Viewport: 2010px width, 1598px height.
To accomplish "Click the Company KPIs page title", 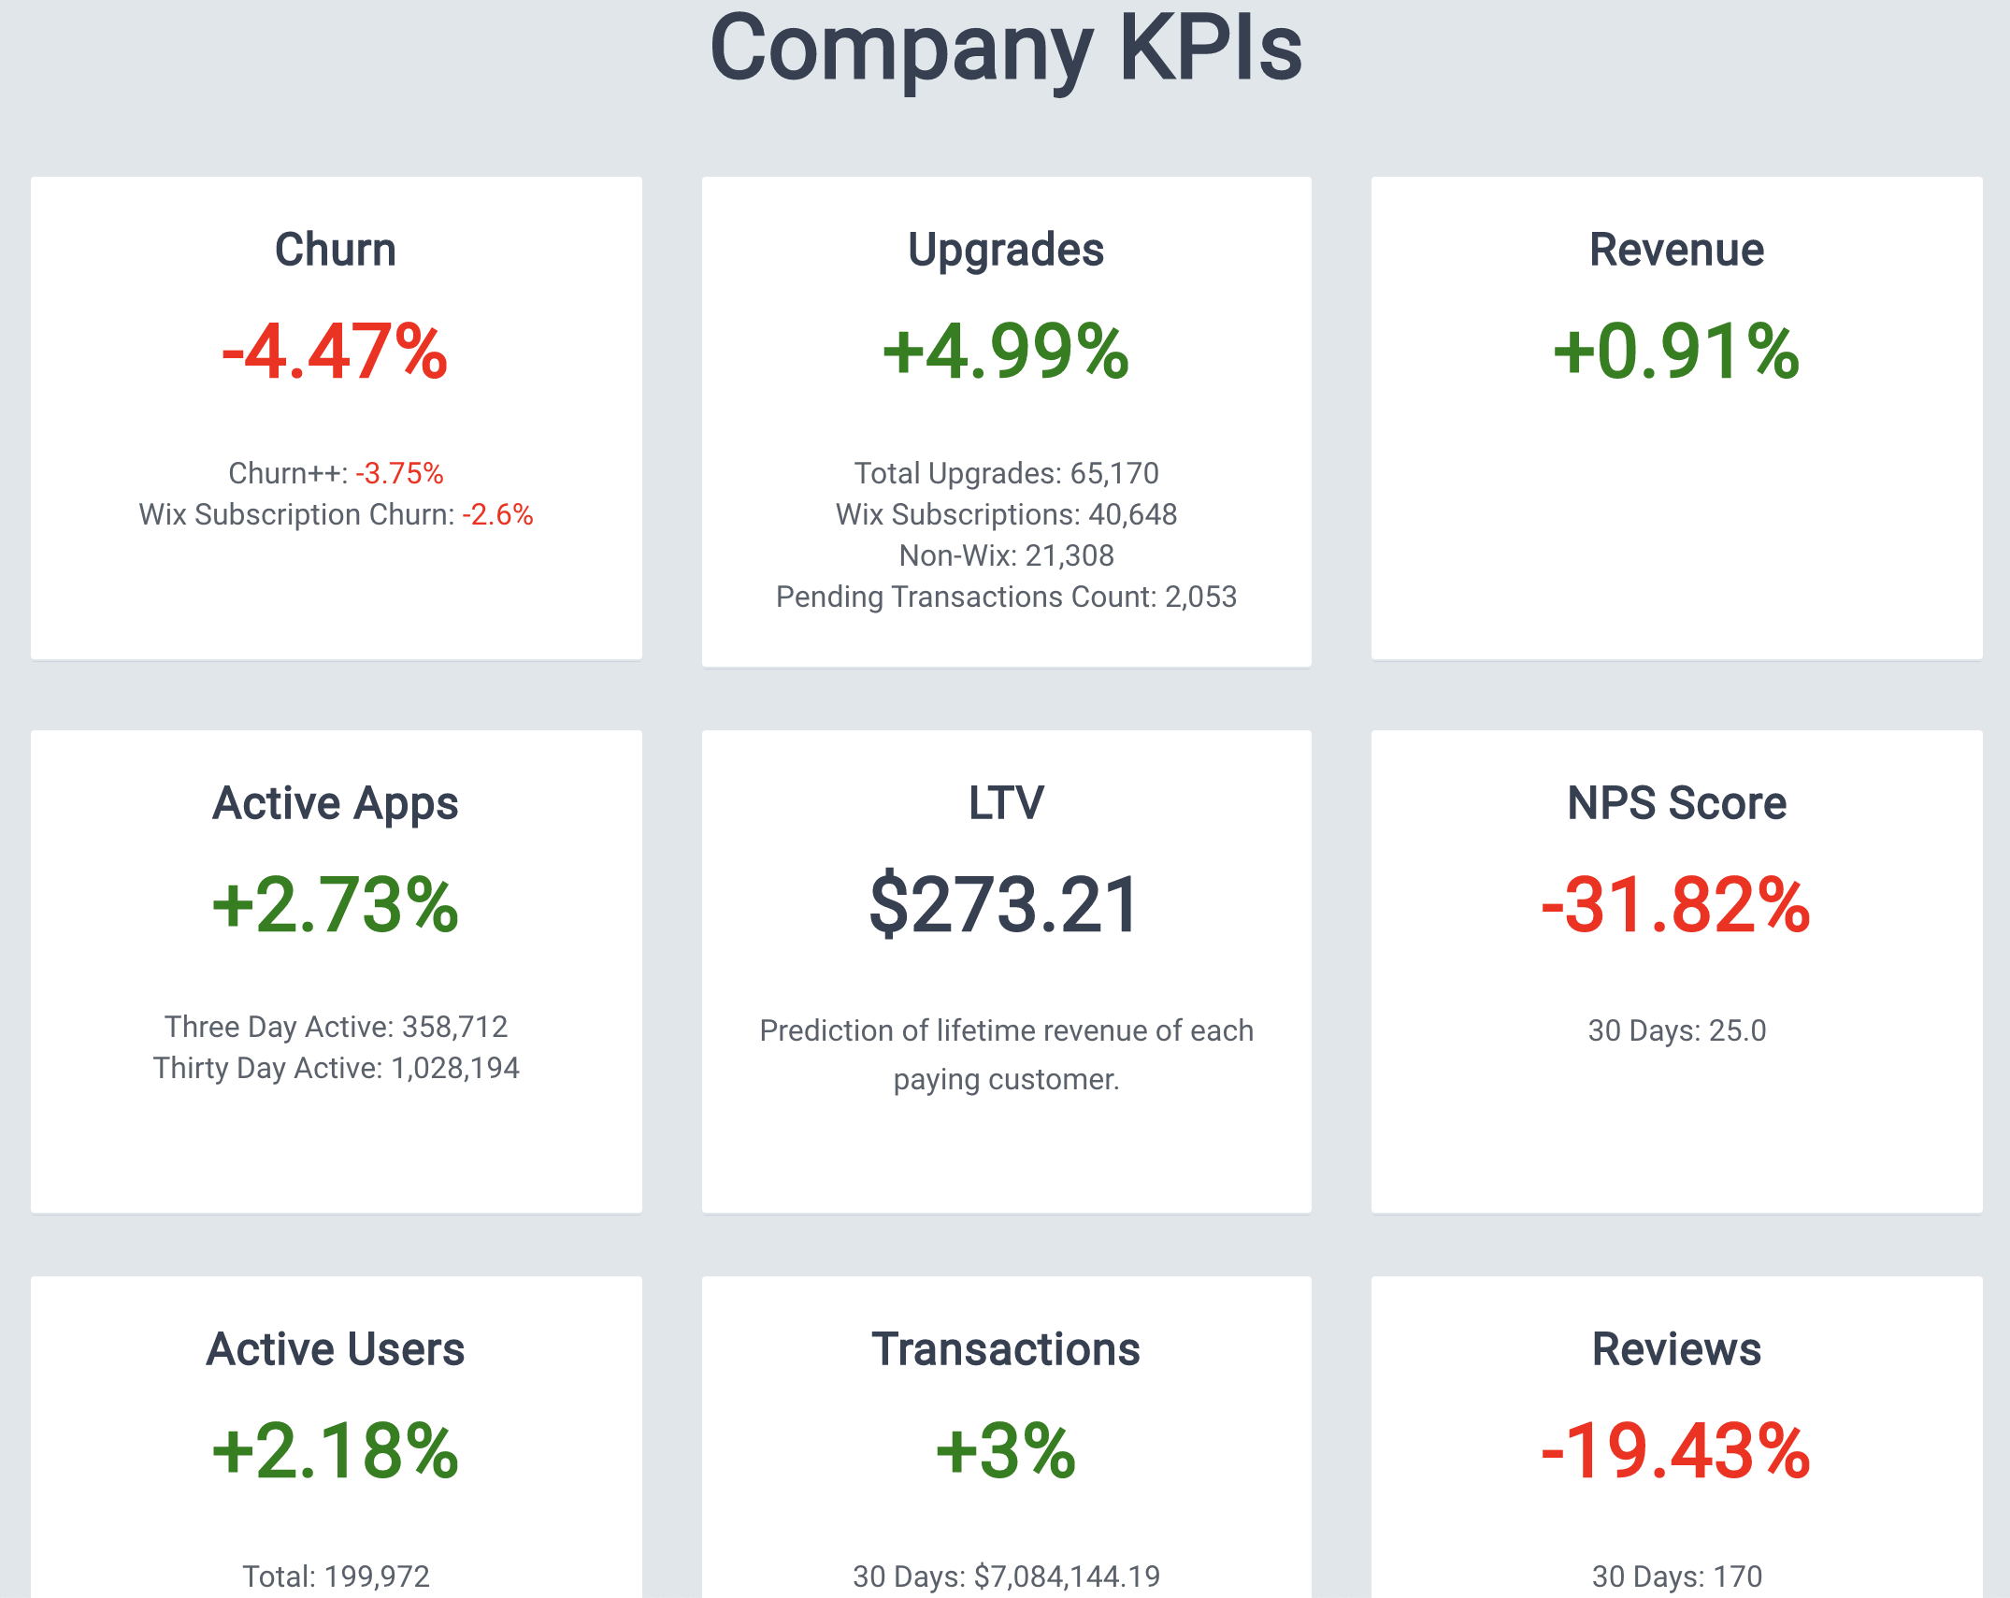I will (x=1005, y=49).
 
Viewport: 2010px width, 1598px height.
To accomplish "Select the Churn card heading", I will (x=336, y=250).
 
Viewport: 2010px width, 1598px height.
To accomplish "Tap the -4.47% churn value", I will (x=336, y=352).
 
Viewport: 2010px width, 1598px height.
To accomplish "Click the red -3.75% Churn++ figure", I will (x=399, y=473).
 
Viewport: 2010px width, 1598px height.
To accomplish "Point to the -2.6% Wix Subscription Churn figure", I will (x=497, y=514).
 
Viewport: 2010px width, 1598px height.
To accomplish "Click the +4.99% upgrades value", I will (x=1006, y=352).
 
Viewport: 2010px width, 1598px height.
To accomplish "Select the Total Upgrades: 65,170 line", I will (x=1006, y=473).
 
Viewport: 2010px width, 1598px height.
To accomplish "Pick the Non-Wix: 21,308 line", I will (x=1006, y=555).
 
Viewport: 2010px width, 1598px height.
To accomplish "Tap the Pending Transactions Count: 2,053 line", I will (x=1006, y=597).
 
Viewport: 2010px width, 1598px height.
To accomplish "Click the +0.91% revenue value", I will (x=1676, y=352).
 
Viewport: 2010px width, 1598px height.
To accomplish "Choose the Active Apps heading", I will (x=336, y=803).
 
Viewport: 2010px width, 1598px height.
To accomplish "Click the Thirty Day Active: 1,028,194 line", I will (x=336, y=1068).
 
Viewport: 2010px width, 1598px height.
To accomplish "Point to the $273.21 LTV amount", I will (x=1005, y=905).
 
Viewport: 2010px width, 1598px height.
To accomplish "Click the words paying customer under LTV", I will (x=1006, y=1079).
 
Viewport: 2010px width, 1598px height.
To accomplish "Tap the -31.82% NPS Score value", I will (x=1676, y=905).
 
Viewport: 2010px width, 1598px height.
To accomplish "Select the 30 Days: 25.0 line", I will (x=1676, y=1030).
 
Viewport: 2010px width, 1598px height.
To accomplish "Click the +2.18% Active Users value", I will (x=336, y=1451).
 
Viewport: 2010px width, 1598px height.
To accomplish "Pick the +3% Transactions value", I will (x=1006, y=1451).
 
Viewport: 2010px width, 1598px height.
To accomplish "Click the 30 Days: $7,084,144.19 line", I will (x=1006, y=1576).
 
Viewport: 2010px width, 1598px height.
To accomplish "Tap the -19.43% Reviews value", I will (x=1676, y=1451).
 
